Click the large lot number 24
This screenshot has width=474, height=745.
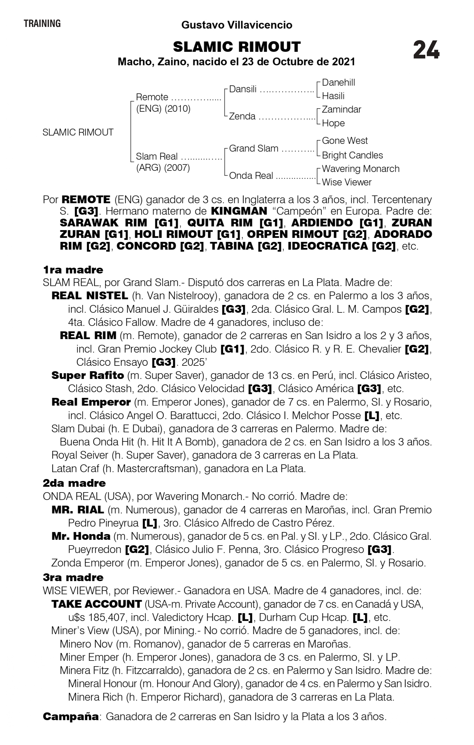[426, 50]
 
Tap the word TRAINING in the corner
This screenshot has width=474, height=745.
[42, 24]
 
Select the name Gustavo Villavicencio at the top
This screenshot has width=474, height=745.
[237, 25]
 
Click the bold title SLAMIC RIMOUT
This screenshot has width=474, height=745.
[237, 47]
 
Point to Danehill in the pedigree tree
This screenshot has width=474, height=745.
[338, 83]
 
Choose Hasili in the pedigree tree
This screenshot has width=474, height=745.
[333, 96]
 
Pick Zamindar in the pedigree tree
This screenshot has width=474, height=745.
[341, 109]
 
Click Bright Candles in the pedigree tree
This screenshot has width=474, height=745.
[352, 155]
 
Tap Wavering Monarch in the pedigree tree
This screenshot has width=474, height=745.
[361, 169]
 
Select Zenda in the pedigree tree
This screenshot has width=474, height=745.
[242, 116]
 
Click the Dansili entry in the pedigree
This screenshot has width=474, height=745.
[243, 89]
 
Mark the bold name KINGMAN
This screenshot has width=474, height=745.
[239, 211]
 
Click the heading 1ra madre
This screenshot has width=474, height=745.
[73, 270]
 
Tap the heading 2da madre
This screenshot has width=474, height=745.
[74, 483]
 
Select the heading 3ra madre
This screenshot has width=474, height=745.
[73, 577]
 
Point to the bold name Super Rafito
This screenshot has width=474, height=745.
[88, 375]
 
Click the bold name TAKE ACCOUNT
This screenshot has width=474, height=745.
[97, 604]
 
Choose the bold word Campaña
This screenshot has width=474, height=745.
[71, 716]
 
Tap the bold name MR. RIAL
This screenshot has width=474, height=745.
[78, 510]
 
